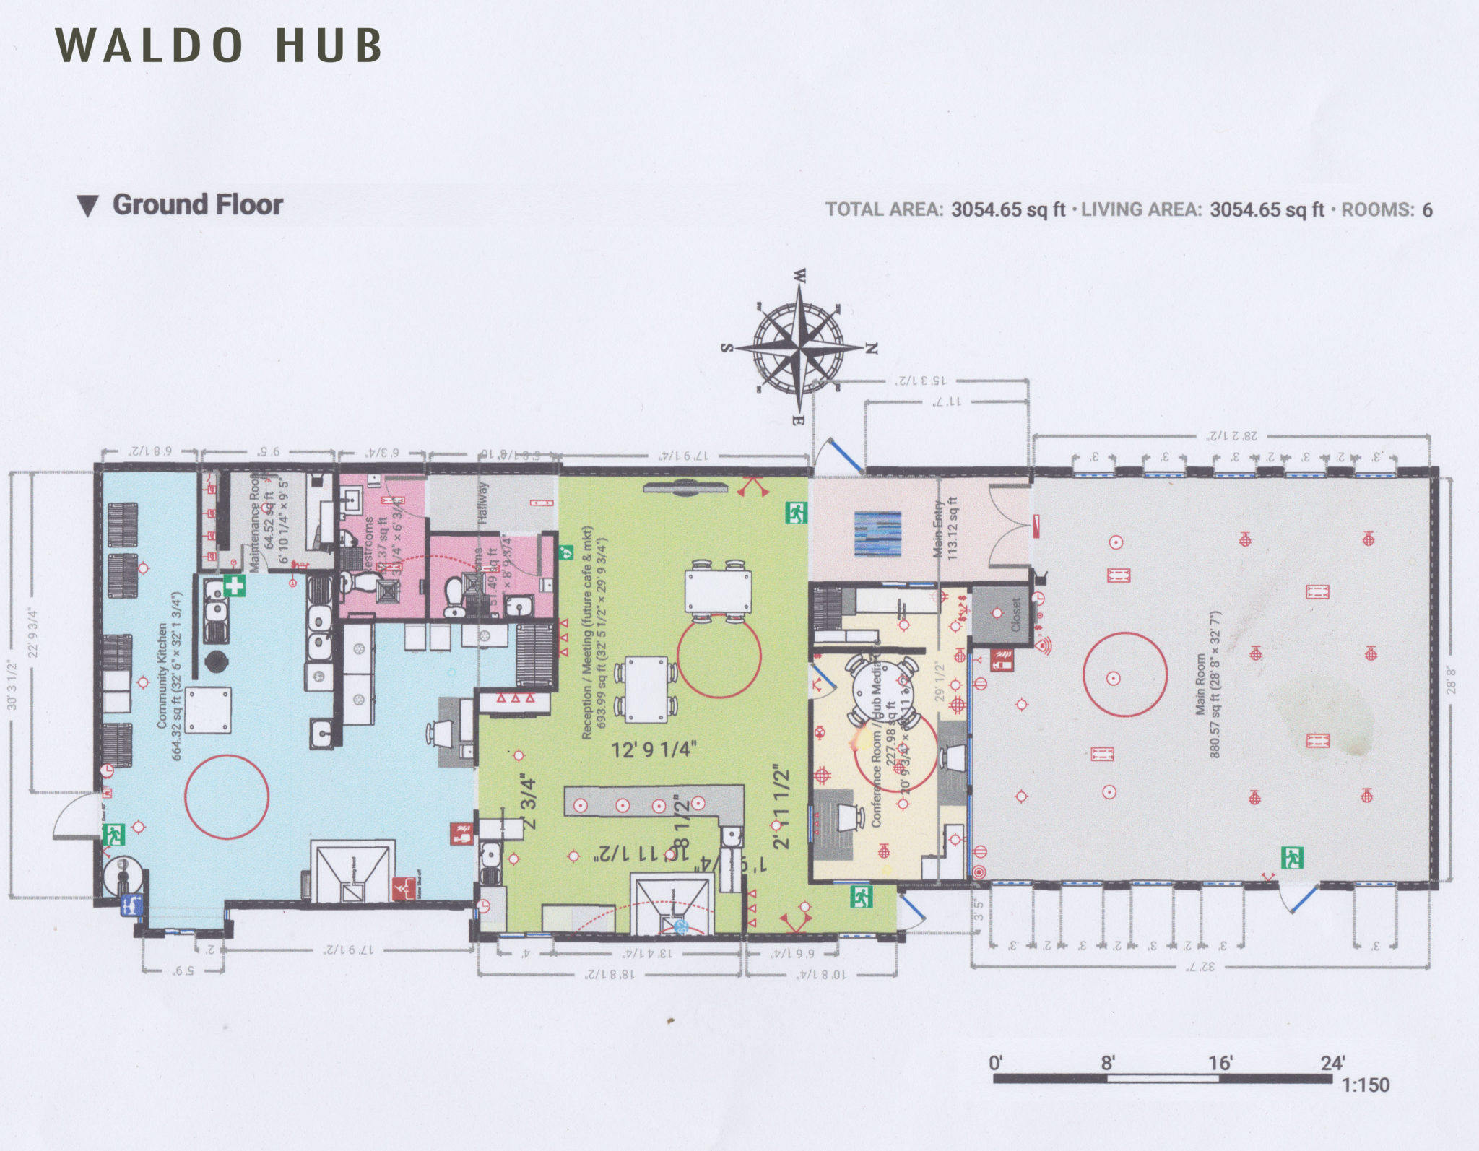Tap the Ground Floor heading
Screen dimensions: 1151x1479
pyautogui.click(x=197, y=204)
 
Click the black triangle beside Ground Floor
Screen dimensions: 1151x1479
pyautogui.click(x=87, y=207)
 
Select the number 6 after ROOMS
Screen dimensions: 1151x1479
pyautogui.click(x=1427, y=210)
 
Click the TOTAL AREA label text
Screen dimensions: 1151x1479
pyautogui.click(x=884, y=210)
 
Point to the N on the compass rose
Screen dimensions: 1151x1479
pyautogui.click(x=872, y=348)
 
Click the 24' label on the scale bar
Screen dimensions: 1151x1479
pyautogui.click(x=1332, y=1062)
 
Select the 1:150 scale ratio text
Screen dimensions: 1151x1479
pyautogui.click(x=1365, y=1085)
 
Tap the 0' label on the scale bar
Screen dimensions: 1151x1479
pyautogui.click(x=996, y=1062)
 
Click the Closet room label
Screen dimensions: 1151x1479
pyautogui.click(x=1016, y=614)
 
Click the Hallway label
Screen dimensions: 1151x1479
pyautogui.click(x=483, y=503)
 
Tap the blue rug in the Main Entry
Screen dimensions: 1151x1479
pyautogui.click(x=878, y=534)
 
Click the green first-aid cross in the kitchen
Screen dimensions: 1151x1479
pyautogui.click(x=234, y=585)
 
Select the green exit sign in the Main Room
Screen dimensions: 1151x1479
pyautogui.click(x=1292, y=858)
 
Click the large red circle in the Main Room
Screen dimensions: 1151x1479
pyautogui.click(x=1125, y=674)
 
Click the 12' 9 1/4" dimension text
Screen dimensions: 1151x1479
pyautogui.click(x=654, y=750)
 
